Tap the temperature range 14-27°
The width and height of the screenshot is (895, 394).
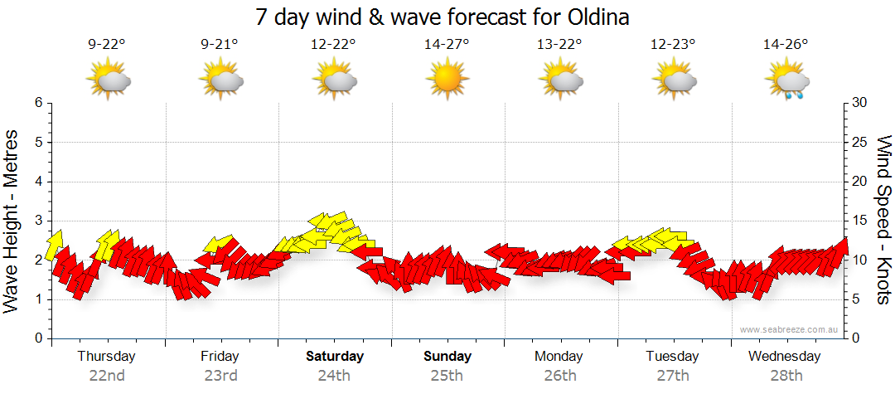[x=447, y=45]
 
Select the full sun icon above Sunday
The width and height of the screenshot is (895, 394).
[x=447, y=80]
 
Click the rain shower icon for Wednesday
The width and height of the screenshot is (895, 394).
[x=786, y=82]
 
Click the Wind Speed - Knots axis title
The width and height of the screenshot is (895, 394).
[x=883, y=220]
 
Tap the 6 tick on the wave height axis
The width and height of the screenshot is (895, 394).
[x=37, y=103]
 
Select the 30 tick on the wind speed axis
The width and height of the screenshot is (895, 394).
[x=860, y=103]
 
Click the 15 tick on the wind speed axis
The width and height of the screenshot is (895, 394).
[x=860, y=221]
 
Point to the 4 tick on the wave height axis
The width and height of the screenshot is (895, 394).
[x=37, y=182]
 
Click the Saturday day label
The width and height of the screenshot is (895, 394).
[x=335, y=357]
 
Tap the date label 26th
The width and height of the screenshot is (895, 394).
[x=560, y=376]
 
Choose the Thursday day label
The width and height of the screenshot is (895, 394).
[x=107, y=357]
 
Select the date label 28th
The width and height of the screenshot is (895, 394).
[x=786, y=376]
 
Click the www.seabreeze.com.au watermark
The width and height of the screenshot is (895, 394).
[x=790, y=330]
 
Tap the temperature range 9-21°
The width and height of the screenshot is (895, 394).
[x=220, y=45]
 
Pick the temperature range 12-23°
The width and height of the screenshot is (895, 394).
[x=673, y=45]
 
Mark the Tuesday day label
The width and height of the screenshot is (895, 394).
[x=673, y=357]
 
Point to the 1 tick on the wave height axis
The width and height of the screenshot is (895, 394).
[x=37, y=299]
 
